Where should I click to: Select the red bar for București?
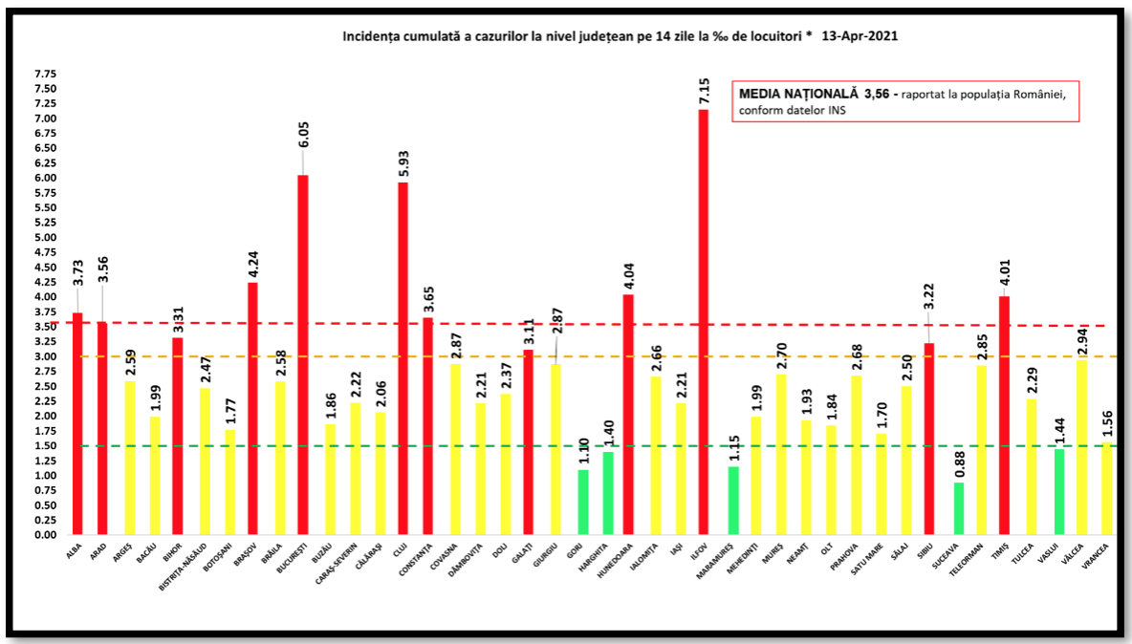point(302,354)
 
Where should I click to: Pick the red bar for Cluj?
point(403,358)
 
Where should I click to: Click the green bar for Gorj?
point(583,503)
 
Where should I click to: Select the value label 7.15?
point(704,86)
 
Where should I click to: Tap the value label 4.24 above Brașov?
point(252,260)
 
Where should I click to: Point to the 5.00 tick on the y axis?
point(44,238)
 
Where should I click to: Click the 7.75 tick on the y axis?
point(44,74)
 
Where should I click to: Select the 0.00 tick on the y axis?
point(44,535)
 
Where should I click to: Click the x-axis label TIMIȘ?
point(999,551)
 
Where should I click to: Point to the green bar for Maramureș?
point(733,501)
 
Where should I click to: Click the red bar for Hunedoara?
point(628,415)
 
